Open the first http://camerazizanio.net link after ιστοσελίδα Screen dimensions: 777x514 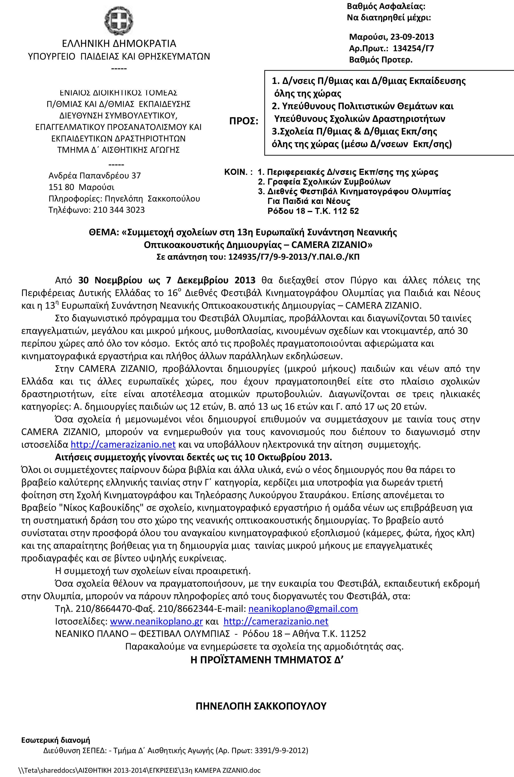(123, 444)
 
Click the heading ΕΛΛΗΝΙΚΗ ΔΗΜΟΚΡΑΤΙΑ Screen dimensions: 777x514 (119, 43)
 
